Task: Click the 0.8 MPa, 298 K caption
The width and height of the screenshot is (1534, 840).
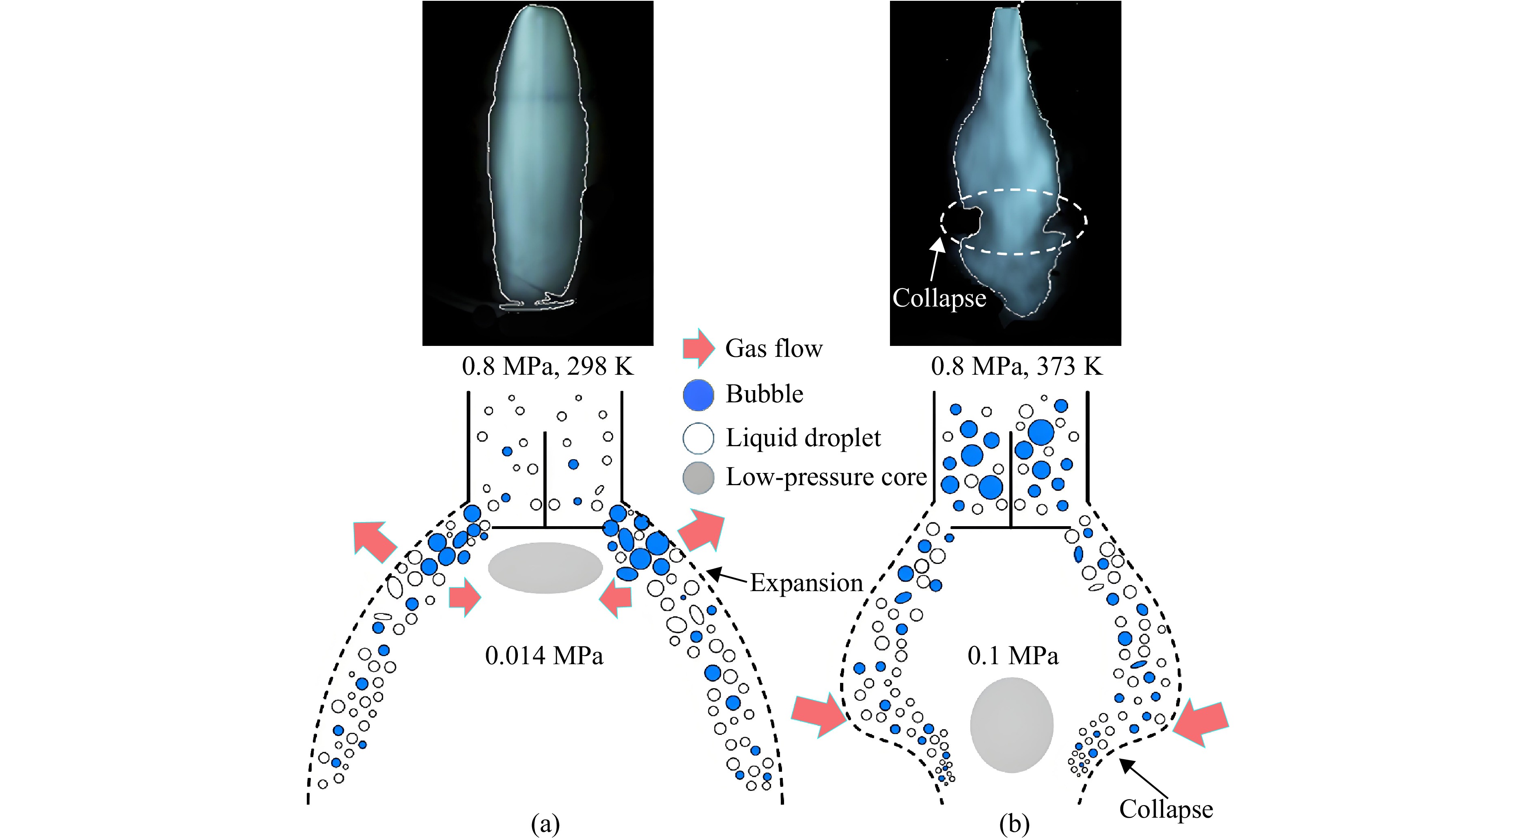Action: click(x=547, y=366)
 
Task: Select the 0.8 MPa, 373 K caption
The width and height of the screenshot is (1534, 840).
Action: click(x=1017, y=366)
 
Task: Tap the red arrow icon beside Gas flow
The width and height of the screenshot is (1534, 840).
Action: click(x=698, y=348)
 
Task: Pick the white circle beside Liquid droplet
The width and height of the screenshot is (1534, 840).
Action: click(x=698, y=438)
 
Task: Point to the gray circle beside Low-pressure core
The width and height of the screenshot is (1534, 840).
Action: click(x=698, y=478)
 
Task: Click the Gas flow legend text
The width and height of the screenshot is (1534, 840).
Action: click(x=773, y=348)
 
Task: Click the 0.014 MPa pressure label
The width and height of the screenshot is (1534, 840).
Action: click(x=544, y=656)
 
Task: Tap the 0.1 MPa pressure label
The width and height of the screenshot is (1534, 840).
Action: click(x=1013, y=656)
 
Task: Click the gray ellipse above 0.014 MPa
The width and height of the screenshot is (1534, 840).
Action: click(x=545, y=568)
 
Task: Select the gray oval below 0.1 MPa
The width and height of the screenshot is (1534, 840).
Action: click(x=1012, y=725)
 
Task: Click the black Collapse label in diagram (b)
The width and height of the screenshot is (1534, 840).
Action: click(x=1166, y=809)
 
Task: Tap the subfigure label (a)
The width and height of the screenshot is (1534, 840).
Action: click(x=545, y=825)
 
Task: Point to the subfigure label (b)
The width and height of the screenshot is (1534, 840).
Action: click(x=1015, y=825)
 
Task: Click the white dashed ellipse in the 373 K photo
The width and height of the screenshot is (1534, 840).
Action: click(x=1014, y=191)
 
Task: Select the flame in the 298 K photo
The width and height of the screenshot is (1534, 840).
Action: click(x=538, y=158)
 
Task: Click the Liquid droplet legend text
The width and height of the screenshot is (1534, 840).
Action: click(x=803, y=438)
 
